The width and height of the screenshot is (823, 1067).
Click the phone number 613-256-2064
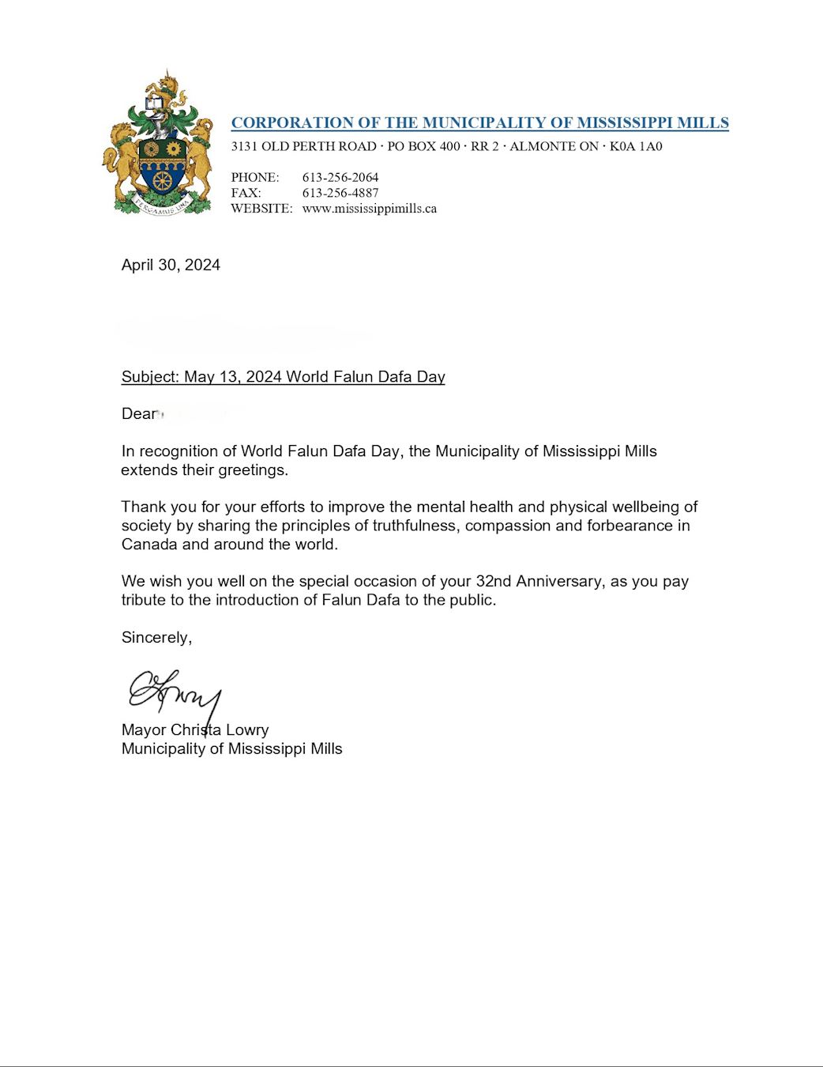[x=340, y=177]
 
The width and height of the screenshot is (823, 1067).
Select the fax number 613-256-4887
[x=340, y=193]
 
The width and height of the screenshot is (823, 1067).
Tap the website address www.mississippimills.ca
[x=369, y=209]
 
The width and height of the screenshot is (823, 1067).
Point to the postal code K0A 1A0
[x=636, y=146]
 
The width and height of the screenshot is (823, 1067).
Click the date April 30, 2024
[x=171, y=265]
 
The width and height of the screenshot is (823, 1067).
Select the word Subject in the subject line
[x=150, y=377]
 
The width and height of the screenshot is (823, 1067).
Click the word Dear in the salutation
[x=139, y=414]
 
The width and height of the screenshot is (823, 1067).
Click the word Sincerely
[x=156, y=638]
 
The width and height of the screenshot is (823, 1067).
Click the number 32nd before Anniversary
[x=494, y=582]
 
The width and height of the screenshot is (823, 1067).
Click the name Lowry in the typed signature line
[x=247, y=730]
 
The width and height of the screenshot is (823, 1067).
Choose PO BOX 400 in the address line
[x=423, y=146]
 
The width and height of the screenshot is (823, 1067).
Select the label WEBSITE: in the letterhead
[x=261, y=209]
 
